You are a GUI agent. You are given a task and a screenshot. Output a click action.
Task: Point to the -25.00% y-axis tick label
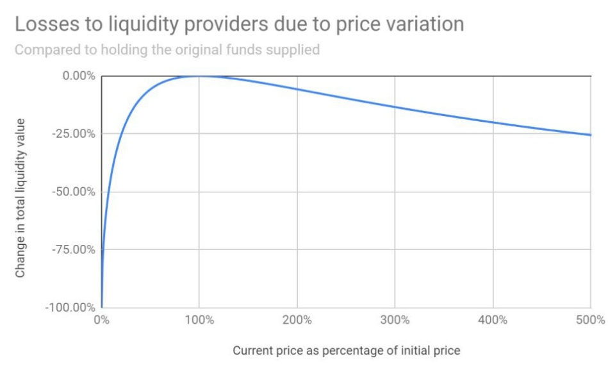[75, 133]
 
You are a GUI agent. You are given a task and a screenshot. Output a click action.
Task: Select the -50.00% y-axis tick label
[75, 192]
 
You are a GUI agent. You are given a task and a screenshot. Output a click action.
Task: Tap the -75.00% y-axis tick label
[75, 249]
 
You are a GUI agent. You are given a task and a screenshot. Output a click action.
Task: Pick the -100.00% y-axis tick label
[72, 307]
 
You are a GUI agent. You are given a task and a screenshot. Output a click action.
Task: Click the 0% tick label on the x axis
[101, 319]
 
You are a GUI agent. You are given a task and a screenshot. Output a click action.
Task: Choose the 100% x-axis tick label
[199, 319]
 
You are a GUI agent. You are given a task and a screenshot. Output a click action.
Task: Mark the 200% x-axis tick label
[297, 319]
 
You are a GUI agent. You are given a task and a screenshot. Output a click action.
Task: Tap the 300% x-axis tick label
[395, 319]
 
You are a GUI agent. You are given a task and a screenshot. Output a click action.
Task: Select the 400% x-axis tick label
[493, 319]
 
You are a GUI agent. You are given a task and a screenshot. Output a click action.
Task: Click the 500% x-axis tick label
[590, 319]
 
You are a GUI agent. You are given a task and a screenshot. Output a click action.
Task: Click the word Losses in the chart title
[44, 24]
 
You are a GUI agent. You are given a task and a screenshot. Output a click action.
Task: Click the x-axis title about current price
[346, 351]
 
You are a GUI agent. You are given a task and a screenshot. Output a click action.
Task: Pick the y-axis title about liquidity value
[21, 197]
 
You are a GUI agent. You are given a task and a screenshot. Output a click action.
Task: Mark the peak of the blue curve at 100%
[199, 76]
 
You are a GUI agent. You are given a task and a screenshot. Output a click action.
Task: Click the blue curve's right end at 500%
[589, 135]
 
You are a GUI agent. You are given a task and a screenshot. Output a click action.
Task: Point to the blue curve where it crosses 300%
[395, 106]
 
